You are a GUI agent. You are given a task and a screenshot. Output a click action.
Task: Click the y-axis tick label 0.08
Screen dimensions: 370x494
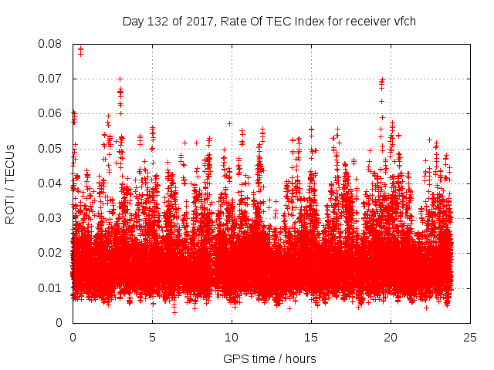(52, 44)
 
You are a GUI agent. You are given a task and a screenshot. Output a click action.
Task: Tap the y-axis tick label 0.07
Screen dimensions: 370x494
(52, 79)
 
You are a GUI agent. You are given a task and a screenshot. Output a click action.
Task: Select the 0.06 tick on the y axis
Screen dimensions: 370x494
(52, 113)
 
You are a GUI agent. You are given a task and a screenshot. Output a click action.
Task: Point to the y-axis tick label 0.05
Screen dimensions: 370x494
(52, 148)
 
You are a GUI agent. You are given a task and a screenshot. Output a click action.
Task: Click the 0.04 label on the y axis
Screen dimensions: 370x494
(52, 183)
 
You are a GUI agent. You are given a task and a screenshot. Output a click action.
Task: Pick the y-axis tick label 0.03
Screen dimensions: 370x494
(52, 218)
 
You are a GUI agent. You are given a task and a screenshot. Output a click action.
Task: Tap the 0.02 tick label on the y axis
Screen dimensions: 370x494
(52, 253)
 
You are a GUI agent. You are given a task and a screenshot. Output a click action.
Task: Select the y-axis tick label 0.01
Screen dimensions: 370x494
(52, 288)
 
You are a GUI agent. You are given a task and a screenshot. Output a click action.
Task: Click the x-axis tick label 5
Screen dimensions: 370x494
(152, 338)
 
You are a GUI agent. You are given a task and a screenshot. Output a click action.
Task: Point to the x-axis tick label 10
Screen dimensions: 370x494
(232, 338)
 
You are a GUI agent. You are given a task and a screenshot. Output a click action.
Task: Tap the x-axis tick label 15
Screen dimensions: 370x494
(311, 338)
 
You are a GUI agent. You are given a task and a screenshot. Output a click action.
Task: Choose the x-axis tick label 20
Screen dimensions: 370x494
(391, 338)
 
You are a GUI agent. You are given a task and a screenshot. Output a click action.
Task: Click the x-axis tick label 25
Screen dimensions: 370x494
(470, 338)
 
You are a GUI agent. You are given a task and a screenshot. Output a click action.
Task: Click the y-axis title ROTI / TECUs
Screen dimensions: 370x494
(11, 183)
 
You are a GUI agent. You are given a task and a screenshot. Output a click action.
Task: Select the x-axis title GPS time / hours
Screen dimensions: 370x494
(269, 358)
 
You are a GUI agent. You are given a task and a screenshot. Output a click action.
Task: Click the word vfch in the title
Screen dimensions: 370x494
(404, 21)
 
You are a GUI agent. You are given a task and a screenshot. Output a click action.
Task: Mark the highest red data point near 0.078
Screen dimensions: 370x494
(80, 49)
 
